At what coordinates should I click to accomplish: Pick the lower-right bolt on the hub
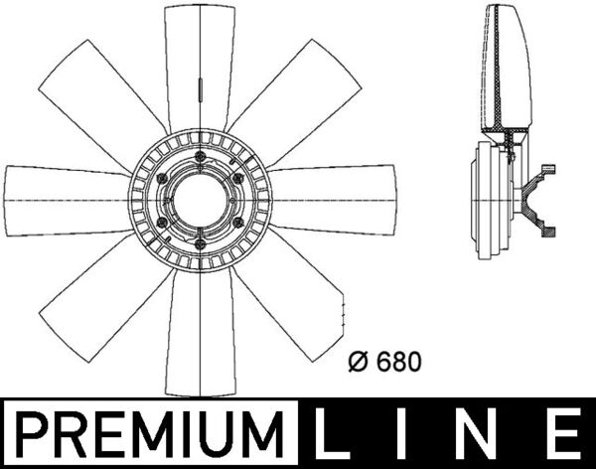pyautogui.click(x=240, y=216)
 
